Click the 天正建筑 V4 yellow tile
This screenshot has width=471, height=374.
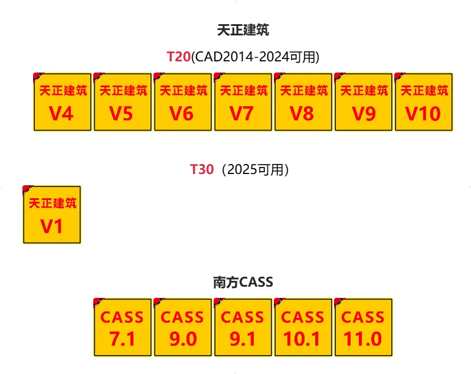(62, 102)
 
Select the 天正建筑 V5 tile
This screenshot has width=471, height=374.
(122, 102)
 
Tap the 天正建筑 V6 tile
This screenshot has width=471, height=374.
(182, 102)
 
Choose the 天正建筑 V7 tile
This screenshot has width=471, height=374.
(243, 102)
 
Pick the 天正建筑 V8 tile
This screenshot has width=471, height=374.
(303, 102)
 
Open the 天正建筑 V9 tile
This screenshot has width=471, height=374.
(363, 102)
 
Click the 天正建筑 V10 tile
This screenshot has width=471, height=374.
(423, 102)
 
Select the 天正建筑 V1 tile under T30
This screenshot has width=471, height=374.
(51, 215)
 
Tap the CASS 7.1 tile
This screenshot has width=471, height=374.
(122, 327)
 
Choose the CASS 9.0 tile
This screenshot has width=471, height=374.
(182, 327)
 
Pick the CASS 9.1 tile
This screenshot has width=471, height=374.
(243, 327)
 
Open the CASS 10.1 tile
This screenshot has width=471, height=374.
(303, 327)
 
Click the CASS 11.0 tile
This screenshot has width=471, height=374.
(363, 327)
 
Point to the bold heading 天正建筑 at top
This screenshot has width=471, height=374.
(243, 30)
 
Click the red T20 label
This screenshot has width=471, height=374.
(179, 57)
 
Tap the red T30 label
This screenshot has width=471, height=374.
(201, 169)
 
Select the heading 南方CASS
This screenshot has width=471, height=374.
(243, 282)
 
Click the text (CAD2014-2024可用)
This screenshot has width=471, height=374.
(256, 57)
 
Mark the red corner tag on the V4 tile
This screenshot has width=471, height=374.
(36, 76)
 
